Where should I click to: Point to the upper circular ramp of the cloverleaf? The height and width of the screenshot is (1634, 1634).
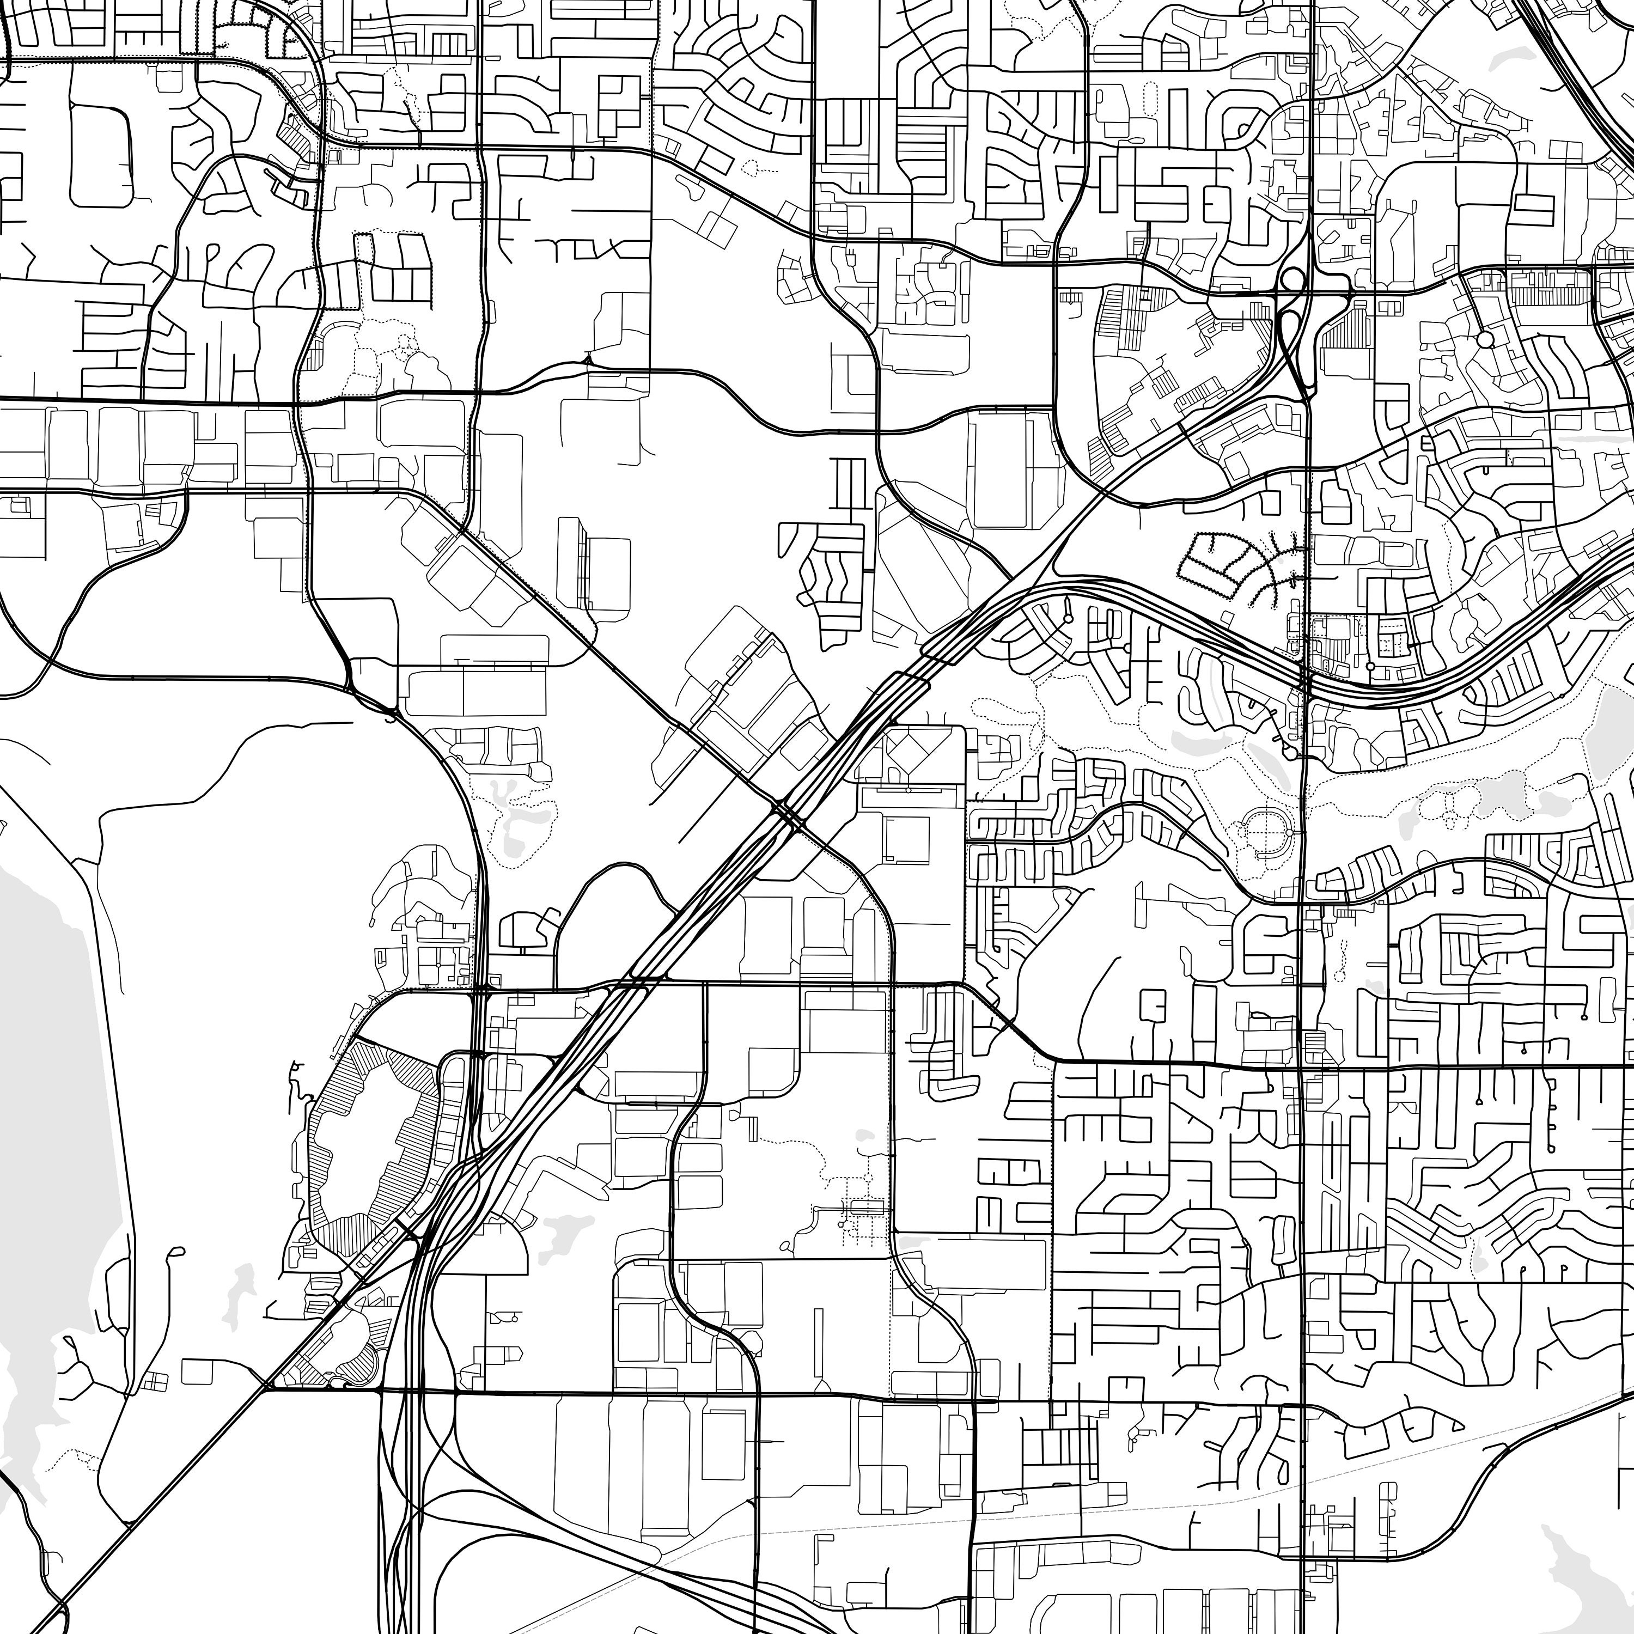pos(1293,278)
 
